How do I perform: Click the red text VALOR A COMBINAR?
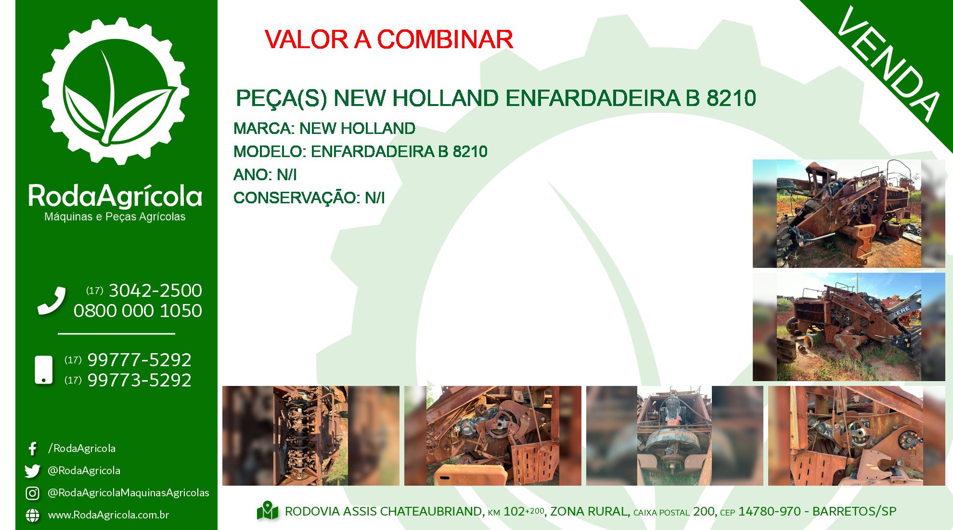[x=389, y=40]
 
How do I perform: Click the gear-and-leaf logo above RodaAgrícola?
[x=116, y=91]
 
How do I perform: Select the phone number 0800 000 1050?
[x=138, y=311]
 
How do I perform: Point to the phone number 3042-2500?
[x=155, y=291]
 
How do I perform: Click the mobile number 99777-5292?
[x=140, y=360]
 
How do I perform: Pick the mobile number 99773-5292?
[x=140, y=380]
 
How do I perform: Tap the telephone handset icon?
[x=52, y=301]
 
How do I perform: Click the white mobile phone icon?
[x=44, y=370]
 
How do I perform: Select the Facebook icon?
[x=33, y=449]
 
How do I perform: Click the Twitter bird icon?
[x=32, y=471]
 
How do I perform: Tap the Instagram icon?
[x=32, y=493]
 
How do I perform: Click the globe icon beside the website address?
[x=32, y=515]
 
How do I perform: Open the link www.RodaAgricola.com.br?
[x=108, y=515]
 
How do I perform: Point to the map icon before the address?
[x=268, y=511]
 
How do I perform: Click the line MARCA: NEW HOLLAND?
[x=324, y=129]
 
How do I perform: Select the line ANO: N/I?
[x=265, y=174]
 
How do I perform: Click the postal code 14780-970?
[x=770, y=511]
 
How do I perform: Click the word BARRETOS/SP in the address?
[x=854, y=511]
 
